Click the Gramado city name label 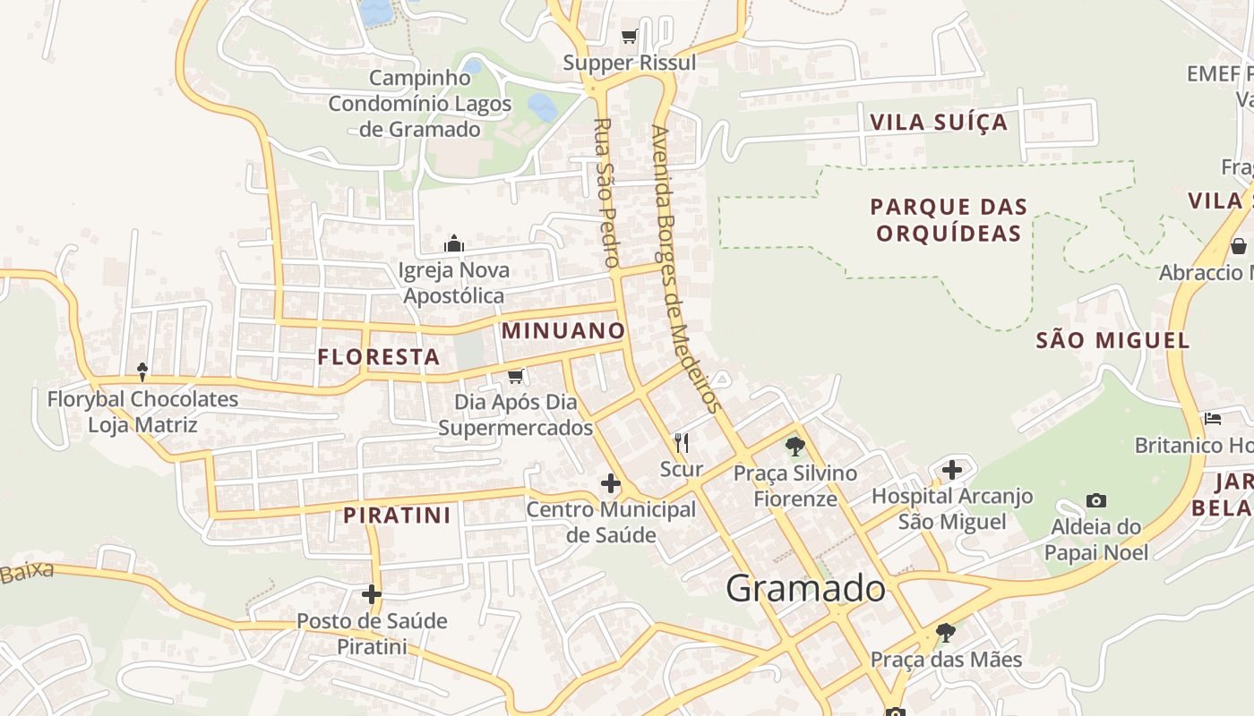805,589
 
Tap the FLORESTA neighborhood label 379,357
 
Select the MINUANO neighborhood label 563,330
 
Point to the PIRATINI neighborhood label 398,516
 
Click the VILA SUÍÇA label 939,123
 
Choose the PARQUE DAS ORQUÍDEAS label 949,220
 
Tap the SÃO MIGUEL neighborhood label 1112,340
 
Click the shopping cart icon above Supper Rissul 629,37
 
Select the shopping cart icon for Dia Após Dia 515,376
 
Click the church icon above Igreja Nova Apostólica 454,243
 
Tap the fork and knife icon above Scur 682,442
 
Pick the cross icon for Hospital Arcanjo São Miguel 952,469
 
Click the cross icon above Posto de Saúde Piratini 372,594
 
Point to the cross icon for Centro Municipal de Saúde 611,484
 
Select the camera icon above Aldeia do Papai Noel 1095,500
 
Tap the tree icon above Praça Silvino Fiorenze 794,446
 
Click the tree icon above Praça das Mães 945,633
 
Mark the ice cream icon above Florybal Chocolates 142,371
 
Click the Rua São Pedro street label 606,192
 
